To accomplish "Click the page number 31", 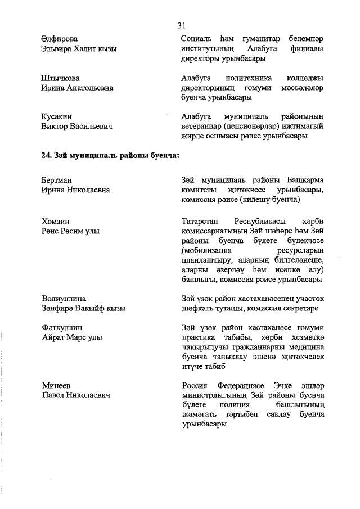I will click(181, 25).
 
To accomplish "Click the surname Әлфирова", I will click(60, 38).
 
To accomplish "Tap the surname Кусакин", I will click(57, 116).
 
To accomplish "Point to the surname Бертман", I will click(57, 180).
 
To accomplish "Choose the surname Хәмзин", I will click(55, 221).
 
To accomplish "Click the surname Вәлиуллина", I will click(64, 298).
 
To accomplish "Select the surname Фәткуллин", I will click(62, 328).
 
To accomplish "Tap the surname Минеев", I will click(55, 386).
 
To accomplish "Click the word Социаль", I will click(197, 38).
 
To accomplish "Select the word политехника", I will click(251, 78).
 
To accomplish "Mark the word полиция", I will click(235, 405).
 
